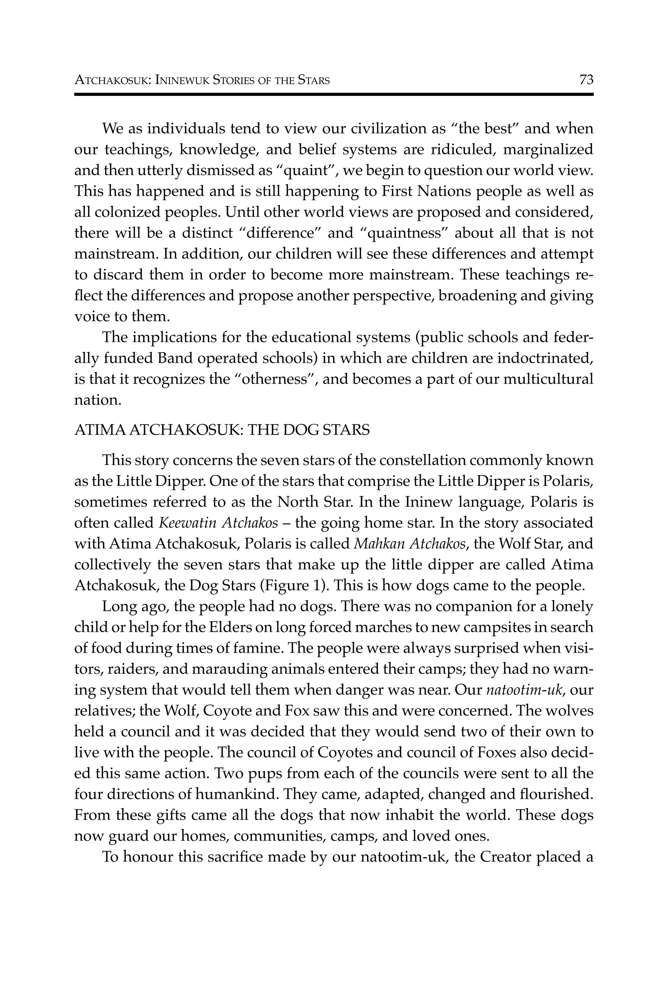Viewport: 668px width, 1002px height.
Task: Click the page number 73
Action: [x=586, y=80]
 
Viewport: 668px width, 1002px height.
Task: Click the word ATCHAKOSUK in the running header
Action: [x=111, y=80]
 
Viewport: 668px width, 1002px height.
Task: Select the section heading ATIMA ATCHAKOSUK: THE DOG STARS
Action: [x=221, y=430]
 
